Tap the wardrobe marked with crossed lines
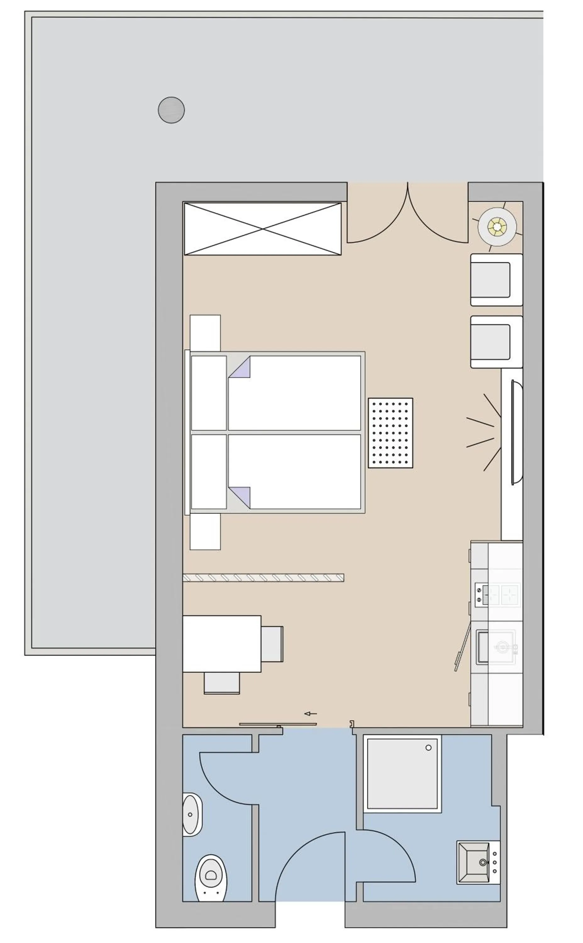tap(263, 229)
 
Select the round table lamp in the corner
tap(497, 227)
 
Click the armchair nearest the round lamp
tap(496, 279)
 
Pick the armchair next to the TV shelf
tap(496, 342)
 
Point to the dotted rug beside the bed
tap(390, 433)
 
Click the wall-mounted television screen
tap(517, 432)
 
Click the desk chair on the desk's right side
tap(272, 644)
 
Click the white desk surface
tap(222, 644)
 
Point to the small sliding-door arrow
tap(310, 714)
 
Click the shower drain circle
tap(428, 747)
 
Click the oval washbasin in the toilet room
tap(191, 815)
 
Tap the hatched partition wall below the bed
tap(263, 578)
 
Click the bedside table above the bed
tap(205, 333)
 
